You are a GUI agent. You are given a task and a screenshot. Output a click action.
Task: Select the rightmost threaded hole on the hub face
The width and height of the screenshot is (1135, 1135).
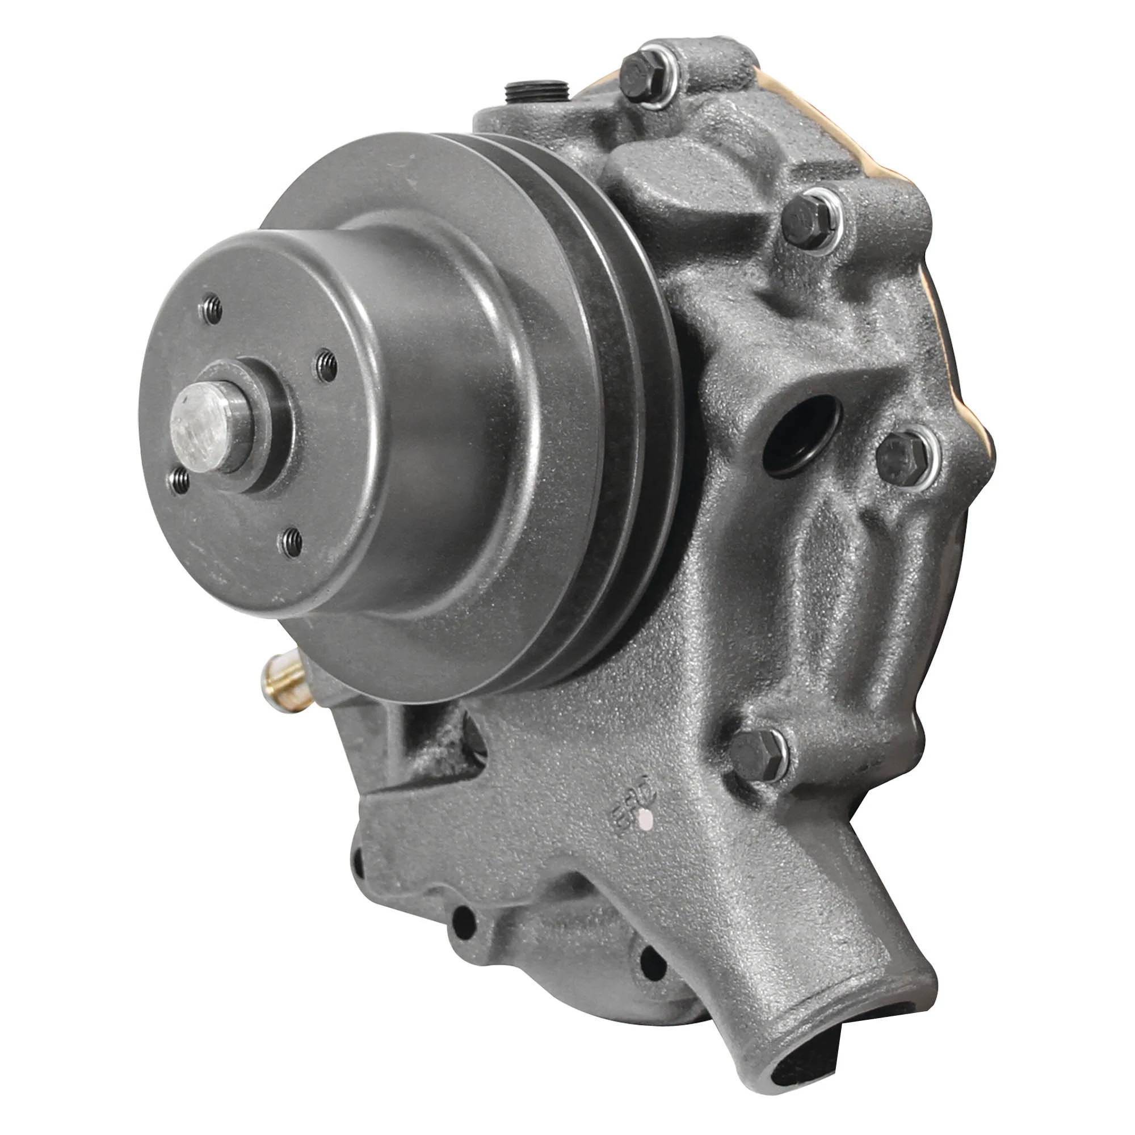point(327,366)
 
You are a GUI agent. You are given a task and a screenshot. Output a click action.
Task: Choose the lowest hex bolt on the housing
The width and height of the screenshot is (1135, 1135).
point(758,755)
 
